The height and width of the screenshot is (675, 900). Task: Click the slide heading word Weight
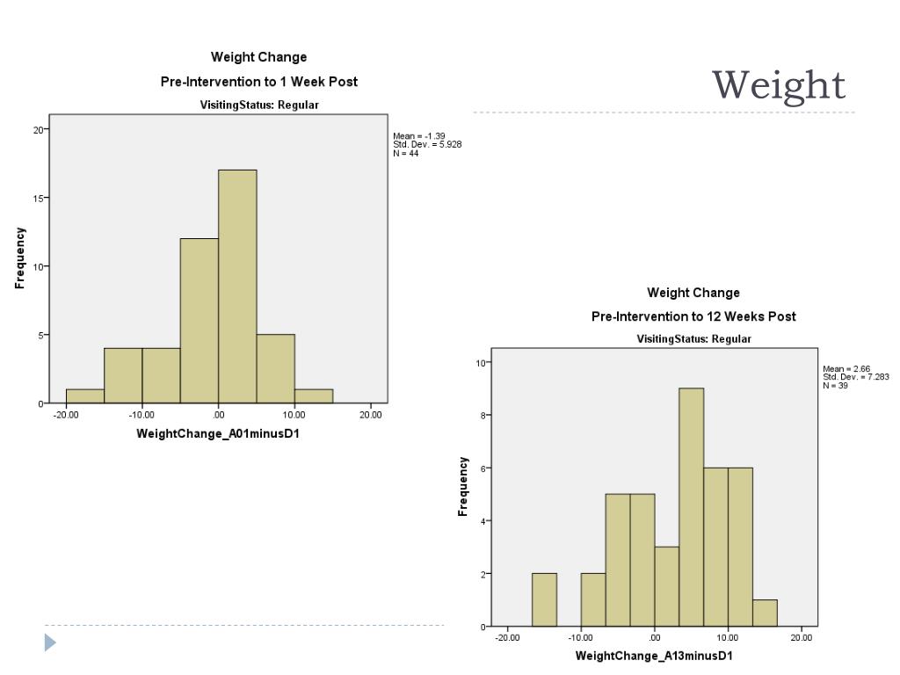click(778, 85)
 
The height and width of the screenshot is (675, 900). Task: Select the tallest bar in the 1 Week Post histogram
click(237, 287)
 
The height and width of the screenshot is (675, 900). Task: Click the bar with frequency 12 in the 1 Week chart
click(200, 321)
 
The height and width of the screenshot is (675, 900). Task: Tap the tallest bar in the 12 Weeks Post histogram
click(691, 507)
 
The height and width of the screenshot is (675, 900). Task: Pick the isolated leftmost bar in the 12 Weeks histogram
click(544, 599)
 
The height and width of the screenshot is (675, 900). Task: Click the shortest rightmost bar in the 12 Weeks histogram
click(765, 613)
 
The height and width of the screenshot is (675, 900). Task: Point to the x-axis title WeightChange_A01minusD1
click(218, 434)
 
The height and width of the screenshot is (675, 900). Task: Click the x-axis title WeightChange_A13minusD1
click(654, 657)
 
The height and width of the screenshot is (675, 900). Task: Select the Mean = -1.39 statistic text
click(419, 136)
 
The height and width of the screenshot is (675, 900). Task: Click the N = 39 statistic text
click(836, 385)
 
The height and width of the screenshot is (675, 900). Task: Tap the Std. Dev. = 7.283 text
click(855, 377)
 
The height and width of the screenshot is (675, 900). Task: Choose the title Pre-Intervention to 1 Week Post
click(258, 82)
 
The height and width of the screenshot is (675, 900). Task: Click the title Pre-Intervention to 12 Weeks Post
click(693, 316)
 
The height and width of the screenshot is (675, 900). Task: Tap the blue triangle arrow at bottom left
click(50, 642)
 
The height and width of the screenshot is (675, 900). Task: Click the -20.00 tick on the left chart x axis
click(65, 415)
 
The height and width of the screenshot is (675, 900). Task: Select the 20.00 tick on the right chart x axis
click(802, 638)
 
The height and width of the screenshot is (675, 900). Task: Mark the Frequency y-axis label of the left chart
click(20, 258)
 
